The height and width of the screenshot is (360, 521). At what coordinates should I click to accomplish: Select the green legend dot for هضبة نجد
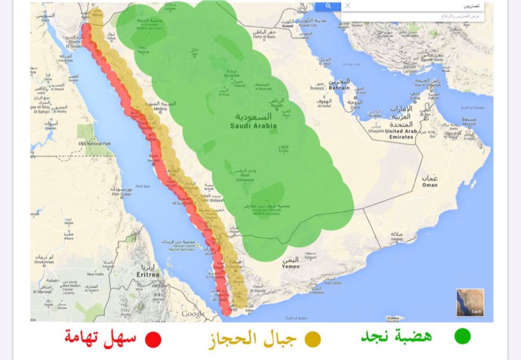462,336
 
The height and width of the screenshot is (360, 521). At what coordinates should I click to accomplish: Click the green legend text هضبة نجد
396,336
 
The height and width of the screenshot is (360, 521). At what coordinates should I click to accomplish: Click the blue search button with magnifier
328,6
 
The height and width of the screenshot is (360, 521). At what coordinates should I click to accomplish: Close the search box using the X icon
348,6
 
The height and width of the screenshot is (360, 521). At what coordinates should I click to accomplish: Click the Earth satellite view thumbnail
470,303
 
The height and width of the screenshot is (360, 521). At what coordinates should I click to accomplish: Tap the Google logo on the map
193,314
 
